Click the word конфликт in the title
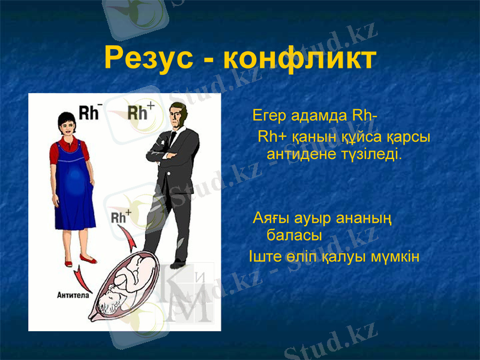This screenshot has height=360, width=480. point(299,58)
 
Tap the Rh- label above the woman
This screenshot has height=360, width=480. point(91,112)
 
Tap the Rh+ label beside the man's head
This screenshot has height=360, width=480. point(141,112)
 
